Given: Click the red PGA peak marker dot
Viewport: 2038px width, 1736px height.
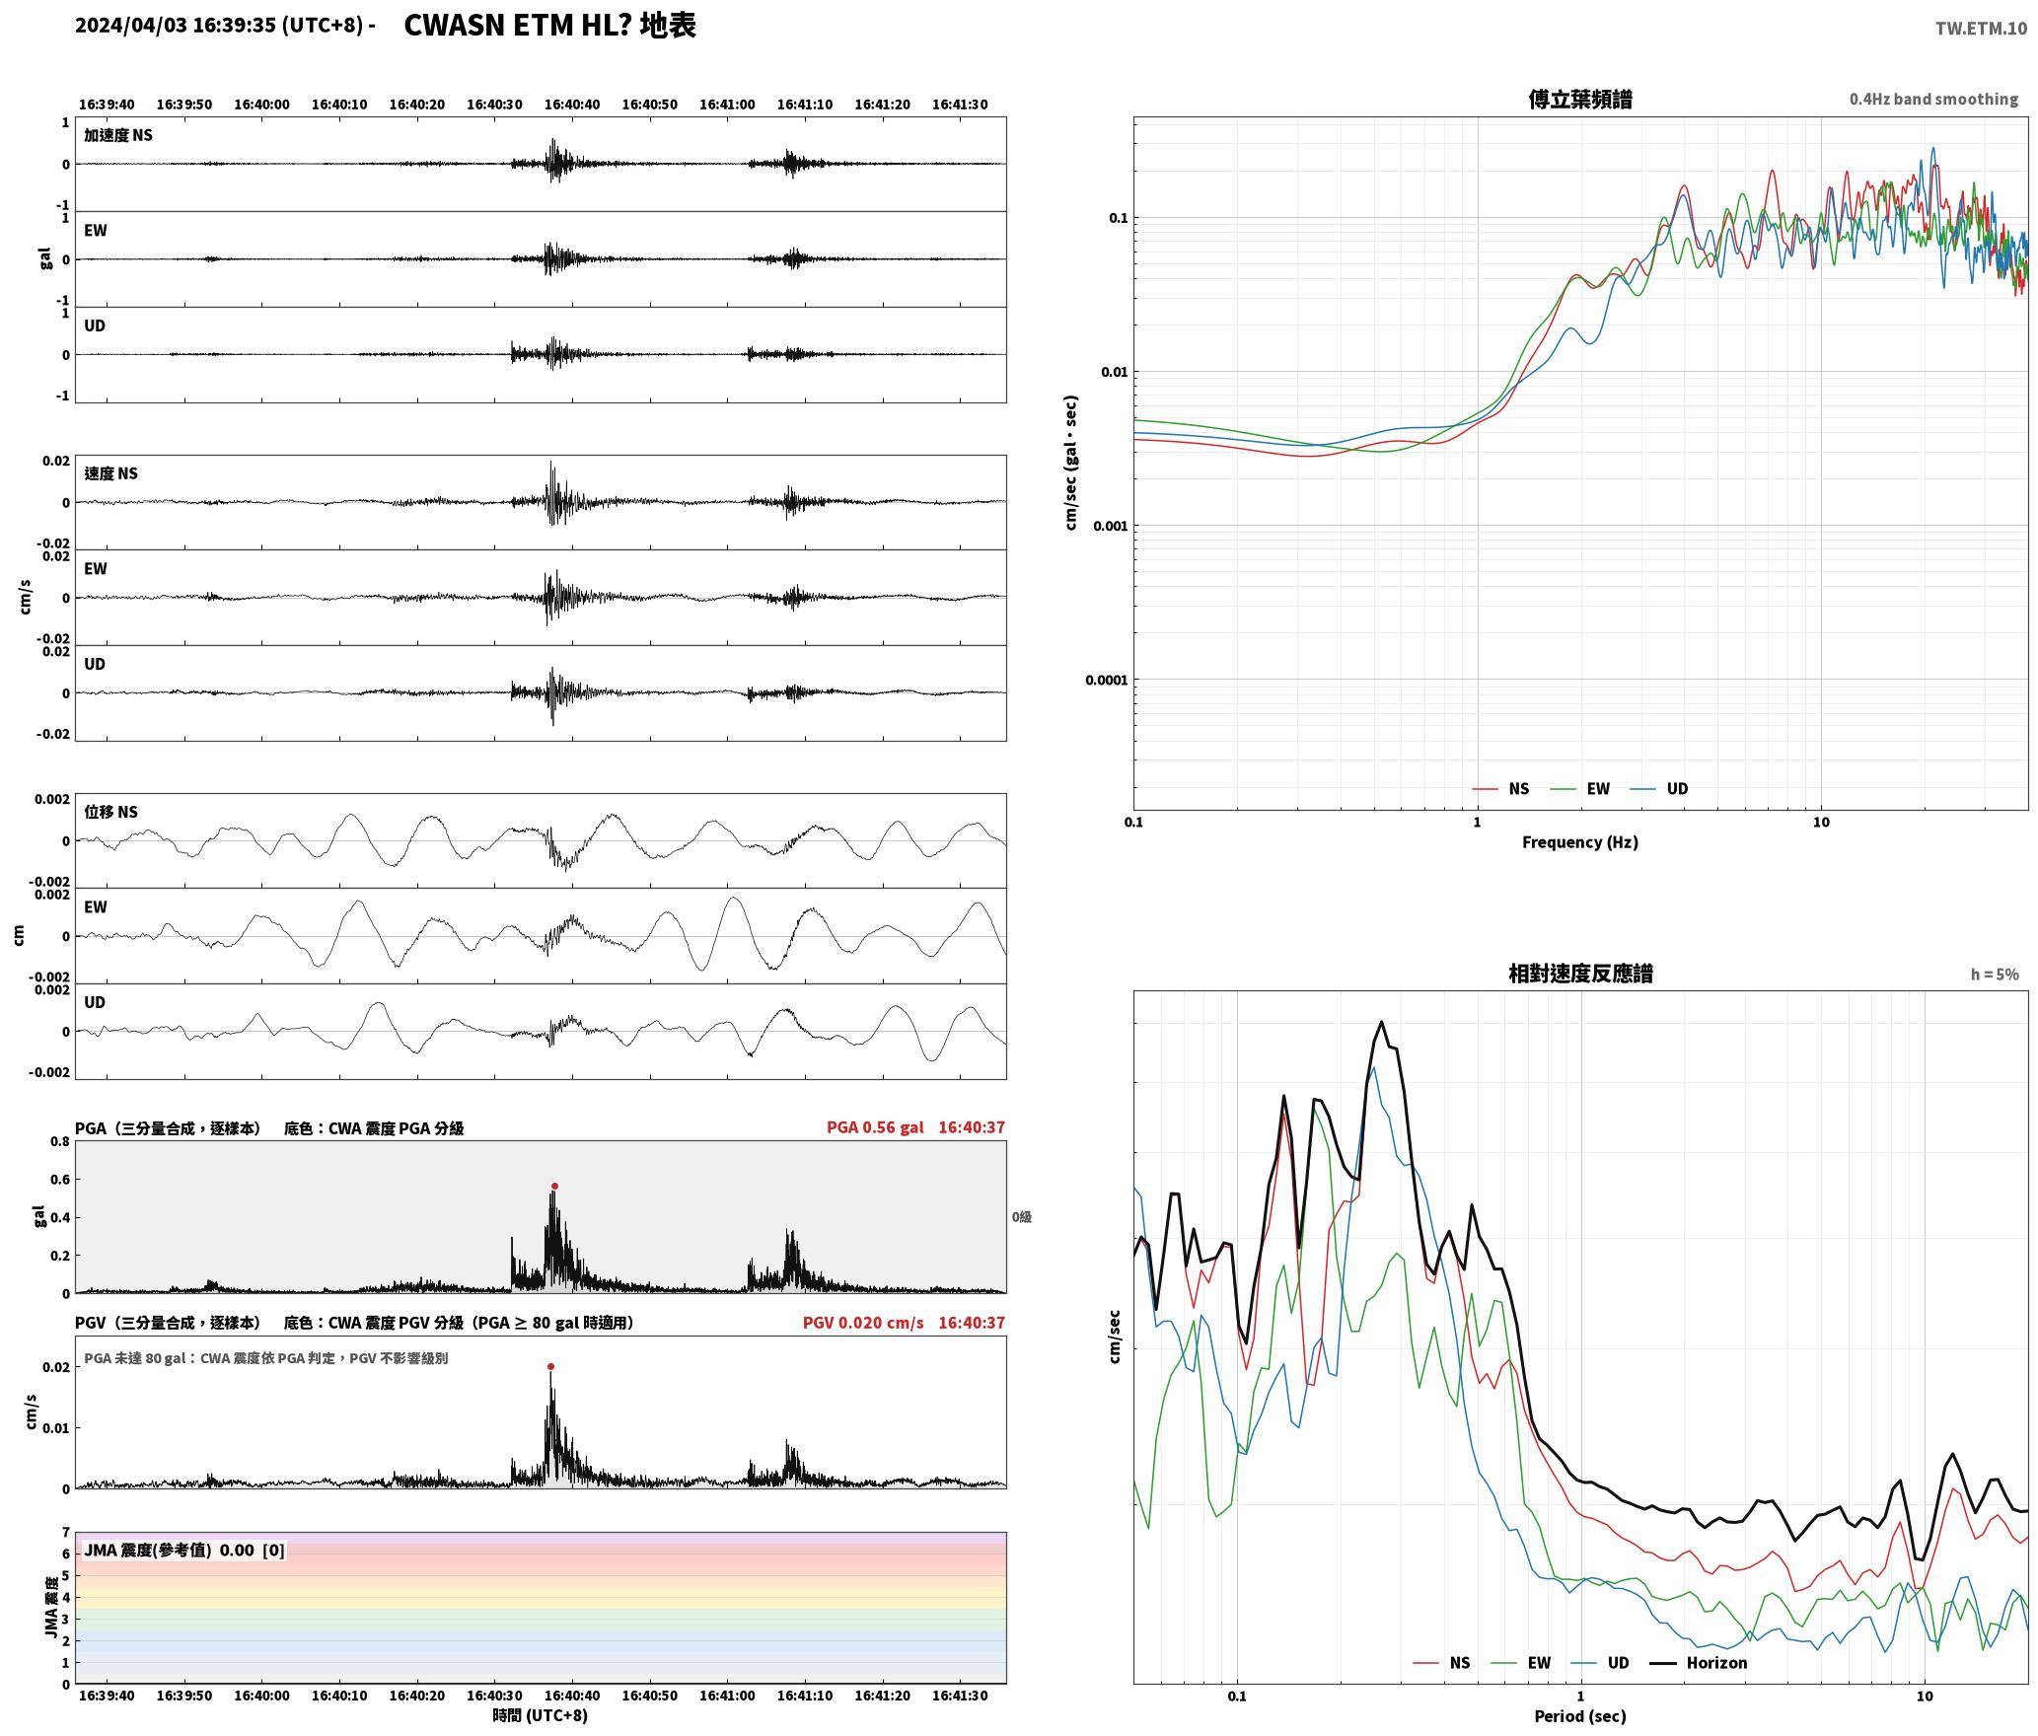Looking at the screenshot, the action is [x=554, y=1186].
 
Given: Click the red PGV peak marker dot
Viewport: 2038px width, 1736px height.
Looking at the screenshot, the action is [x=550, y=1366].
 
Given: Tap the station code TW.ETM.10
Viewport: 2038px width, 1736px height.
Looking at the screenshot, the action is [x=1981, y=29].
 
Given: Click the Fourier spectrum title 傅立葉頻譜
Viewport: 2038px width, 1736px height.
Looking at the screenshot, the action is [x=1579, y=100].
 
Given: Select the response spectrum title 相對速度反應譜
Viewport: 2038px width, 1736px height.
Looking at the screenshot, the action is [x=1580, y=974].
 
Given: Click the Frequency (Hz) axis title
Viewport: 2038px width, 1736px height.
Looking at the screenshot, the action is [x=1579, y=842].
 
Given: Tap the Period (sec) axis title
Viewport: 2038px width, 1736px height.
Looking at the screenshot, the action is [x=1579, y=1716].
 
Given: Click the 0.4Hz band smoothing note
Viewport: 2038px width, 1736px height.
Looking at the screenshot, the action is [x=1933, y=100].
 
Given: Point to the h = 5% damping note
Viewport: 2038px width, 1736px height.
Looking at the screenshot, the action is [x=1995, y=975].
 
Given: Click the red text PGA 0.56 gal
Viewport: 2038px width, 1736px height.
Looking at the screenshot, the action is [x=875, y=1127].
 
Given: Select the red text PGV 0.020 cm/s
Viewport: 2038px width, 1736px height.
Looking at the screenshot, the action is [x=863, y=1323].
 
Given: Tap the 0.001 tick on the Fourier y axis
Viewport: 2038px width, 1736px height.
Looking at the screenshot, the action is [x=1109, y=526].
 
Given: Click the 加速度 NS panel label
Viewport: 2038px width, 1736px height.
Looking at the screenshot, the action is [x=118, y=135].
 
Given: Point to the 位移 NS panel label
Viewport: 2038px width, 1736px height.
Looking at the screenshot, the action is [x=110, y=812].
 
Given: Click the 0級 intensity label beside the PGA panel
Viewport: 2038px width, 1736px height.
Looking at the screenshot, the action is [x=1021, y=1217].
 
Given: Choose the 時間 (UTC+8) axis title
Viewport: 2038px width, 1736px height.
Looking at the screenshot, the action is [x=540, y=1715].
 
